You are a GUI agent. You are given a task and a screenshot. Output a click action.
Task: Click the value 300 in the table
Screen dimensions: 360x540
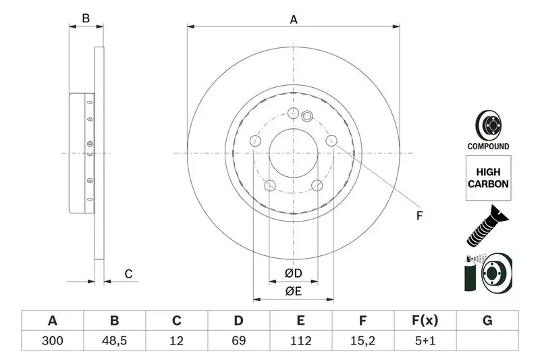pyautogui.click(x=53, y=341)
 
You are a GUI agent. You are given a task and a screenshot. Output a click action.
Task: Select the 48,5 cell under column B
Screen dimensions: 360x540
pyautogui.click(x=115, y=341)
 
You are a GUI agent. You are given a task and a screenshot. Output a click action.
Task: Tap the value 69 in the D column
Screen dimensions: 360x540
pyautogui.click(x=239, y=341)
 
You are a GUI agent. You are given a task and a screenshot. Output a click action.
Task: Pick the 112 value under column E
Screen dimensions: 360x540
pyautogui.click(x=301, y=341)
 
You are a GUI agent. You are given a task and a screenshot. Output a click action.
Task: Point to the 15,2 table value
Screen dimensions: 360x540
pyautogui.click(x=363, y=341)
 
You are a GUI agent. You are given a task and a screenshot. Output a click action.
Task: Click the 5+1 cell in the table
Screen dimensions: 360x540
pyautogui.click(x=425, y=341)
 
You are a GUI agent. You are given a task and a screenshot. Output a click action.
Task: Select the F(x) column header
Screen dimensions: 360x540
pyautogui.click(x=425, y=321)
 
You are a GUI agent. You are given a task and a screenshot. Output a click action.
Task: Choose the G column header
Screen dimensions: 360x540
pyautogui.click(x=487, y=321)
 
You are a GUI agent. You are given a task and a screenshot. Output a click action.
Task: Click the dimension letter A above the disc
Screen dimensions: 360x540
pyautogui.click(x=294, y=20)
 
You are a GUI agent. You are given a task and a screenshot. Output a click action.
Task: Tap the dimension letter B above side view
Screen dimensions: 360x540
pyautogui.click(x=86, y=18)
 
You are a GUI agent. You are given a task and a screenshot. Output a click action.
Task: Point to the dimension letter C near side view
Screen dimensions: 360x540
pyautogui.click(x=127, y=274)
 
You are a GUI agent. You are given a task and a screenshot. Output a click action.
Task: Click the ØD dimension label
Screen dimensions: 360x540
pyautogui.click(x=292, y=274)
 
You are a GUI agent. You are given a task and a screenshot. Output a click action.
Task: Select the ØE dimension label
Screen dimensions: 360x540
pyautogui.click(x=292, y=292)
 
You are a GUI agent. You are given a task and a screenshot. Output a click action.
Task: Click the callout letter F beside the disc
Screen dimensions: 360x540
pyautogui.click(x=418, y=216)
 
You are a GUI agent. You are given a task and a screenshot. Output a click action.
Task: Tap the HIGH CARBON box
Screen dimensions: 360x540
pyautogui.click(x=487, y=178)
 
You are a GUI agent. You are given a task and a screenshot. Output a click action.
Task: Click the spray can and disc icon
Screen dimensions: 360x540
pyautogui.click(x=489, y=274)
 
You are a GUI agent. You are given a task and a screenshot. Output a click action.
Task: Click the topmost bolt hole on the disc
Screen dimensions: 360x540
pyautogui.click(x=293, y=113)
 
